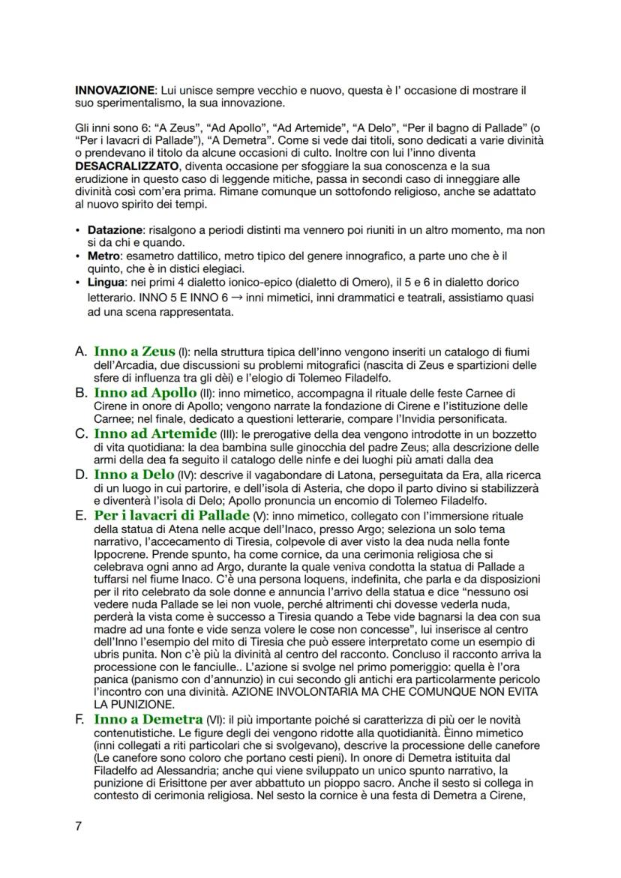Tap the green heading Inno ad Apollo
click(144, 392)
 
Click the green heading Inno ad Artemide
click(152, 433)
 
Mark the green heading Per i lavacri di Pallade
click(171, 516)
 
